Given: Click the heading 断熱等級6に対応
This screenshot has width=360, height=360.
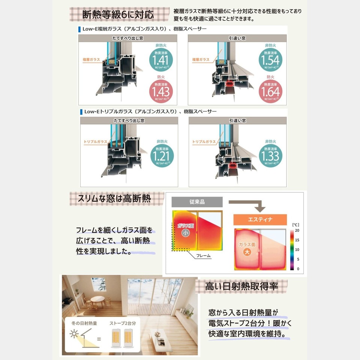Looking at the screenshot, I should point(118,15).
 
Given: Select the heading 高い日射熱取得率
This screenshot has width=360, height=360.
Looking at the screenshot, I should point(241,286).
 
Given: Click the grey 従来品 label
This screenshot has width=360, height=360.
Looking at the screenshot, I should point(197,202).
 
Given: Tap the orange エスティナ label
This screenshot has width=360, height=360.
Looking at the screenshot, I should point(260,220).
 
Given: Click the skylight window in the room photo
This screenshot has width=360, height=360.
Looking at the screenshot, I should point(99,284).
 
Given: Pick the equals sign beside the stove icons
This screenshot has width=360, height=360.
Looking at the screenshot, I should point(99,339).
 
